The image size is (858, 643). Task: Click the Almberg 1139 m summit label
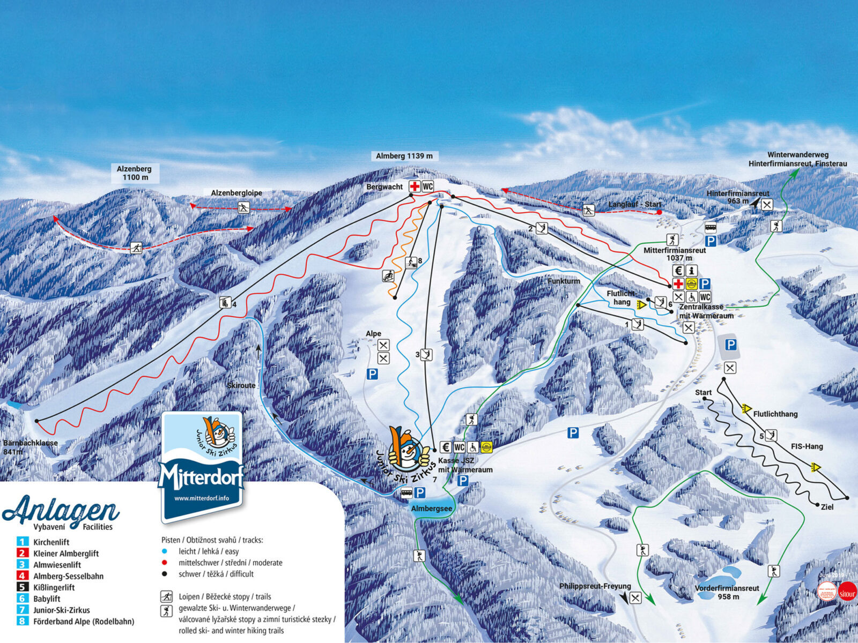pos(404,156)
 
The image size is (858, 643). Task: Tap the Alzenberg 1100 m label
pos(135,173)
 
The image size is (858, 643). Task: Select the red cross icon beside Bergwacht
pos(415,186)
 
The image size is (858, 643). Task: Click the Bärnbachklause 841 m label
pos(30,447)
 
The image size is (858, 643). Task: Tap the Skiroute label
pos(241,385)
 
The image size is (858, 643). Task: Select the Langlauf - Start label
pos(634,204)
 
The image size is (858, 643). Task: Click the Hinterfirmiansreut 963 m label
pos(737,197)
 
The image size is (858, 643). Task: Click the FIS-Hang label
pos(807,446)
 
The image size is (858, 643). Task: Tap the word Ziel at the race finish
pos(827,506)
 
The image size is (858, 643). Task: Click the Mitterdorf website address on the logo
pos(202,498)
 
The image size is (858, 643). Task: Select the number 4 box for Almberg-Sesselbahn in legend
pos(22,576)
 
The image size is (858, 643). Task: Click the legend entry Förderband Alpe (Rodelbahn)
pos(84,622)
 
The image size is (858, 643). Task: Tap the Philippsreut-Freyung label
pos(594,586)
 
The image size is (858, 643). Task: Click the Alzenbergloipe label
pos(236,193)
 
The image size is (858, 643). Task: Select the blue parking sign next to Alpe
pos(372,374)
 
